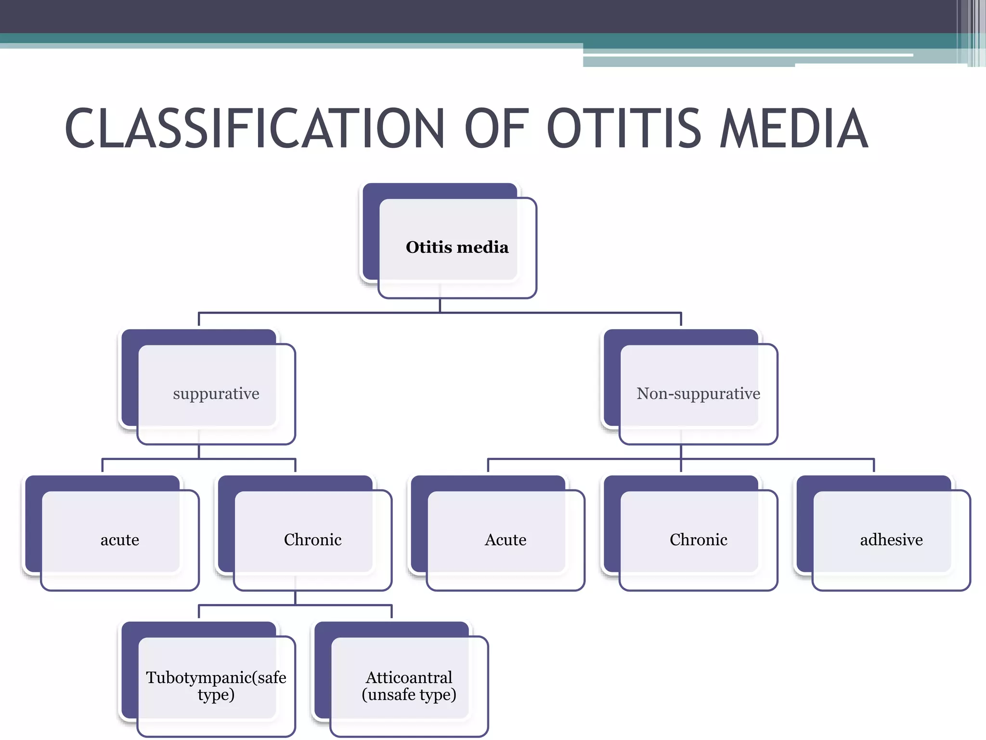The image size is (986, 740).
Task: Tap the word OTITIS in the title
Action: coord(624,128)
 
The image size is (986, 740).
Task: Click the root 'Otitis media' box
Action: coord(457,247)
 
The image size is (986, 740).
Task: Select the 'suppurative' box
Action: coord(216,394)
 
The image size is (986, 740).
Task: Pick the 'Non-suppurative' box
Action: coord(698,394)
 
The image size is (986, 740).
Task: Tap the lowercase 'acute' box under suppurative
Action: coord(120,540)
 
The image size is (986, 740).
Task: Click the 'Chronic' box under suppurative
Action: coord(312,540)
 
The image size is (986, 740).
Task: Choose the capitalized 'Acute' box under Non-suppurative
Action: coord(506,540)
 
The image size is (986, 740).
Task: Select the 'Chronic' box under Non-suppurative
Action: coord(698,540)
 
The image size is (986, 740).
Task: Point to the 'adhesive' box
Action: coord(891,540)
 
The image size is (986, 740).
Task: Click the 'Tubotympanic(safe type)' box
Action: coord(216,686)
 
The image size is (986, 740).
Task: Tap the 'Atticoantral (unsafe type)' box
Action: coord(409,686)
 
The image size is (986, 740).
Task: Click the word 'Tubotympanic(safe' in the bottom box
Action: coord(216,678)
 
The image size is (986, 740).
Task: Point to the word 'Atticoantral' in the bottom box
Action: coord(409,678)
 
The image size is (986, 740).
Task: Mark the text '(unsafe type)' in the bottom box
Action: coord(409,695)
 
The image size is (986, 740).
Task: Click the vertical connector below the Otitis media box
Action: coord(440,305)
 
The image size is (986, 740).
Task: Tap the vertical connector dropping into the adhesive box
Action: coord(874,465)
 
